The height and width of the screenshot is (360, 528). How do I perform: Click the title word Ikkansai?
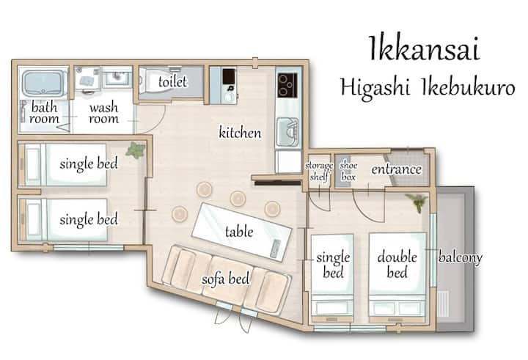pos(425,49)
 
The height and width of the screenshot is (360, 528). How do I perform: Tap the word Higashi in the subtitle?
pos(375,87)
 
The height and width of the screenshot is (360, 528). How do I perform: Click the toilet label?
pos(172,81)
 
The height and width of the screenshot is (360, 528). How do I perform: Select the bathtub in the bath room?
pos(43,83)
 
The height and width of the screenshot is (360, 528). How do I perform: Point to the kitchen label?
pos(240,132)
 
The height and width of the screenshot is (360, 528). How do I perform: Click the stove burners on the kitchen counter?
pos(287,85)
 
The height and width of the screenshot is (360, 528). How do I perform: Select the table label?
pos(239,232)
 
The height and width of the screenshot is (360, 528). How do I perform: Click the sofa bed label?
pos(226,279)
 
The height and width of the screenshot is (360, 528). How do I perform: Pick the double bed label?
pos(397,265)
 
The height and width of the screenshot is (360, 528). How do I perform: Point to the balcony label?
pos(460,257)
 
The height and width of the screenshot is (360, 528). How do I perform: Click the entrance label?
pos(396,169)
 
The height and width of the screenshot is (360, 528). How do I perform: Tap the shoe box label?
pos(348,171)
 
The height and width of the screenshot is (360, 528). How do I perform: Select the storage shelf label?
pos(319,171)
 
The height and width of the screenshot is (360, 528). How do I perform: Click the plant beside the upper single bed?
pos(136,150)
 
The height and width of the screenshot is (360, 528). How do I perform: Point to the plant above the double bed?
pos(417,202)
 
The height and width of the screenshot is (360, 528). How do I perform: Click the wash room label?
pos(103,113)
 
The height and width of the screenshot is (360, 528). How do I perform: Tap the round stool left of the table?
pos(179,214)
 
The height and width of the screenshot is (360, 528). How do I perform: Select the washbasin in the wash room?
pos(117,78)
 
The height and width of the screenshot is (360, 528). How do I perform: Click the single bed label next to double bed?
pos(333,265)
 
